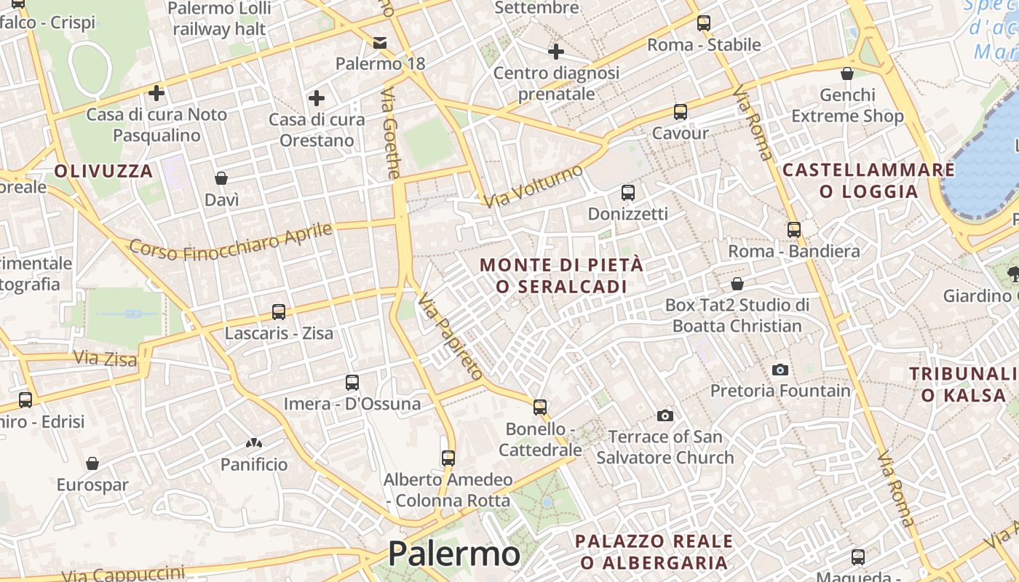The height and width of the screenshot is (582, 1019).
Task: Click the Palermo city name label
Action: point(453,554)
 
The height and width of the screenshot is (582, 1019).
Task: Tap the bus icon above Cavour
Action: point(681,112)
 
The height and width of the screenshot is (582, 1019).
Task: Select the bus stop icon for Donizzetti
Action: point(628,193)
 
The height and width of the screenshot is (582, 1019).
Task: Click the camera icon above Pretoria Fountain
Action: point(780,370)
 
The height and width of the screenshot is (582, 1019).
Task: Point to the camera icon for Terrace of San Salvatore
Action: point(665,415)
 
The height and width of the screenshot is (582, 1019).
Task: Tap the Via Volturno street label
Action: point(534,186)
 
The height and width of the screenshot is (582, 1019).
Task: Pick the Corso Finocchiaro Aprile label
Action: point(230,241)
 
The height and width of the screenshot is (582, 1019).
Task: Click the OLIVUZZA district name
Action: point(104,172)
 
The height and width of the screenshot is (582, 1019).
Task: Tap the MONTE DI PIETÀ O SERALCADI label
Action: point(562,276)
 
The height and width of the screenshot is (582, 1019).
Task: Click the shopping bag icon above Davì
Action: point(221,178)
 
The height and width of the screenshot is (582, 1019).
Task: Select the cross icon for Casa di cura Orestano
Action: point(317,98)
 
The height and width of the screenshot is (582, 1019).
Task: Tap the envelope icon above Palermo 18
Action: point(380,42)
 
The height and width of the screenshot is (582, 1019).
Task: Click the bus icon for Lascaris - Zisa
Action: point(279,312)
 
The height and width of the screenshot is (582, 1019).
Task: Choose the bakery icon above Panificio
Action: point(254,442)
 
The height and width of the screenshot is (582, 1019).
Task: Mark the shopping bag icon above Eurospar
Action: point(92,463)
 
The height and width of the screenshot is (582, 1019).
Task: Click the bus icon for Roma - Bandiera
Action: point(794,230)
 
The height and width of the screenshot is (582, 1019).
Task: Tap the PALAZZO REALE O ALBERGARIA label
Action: point(654,551)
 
